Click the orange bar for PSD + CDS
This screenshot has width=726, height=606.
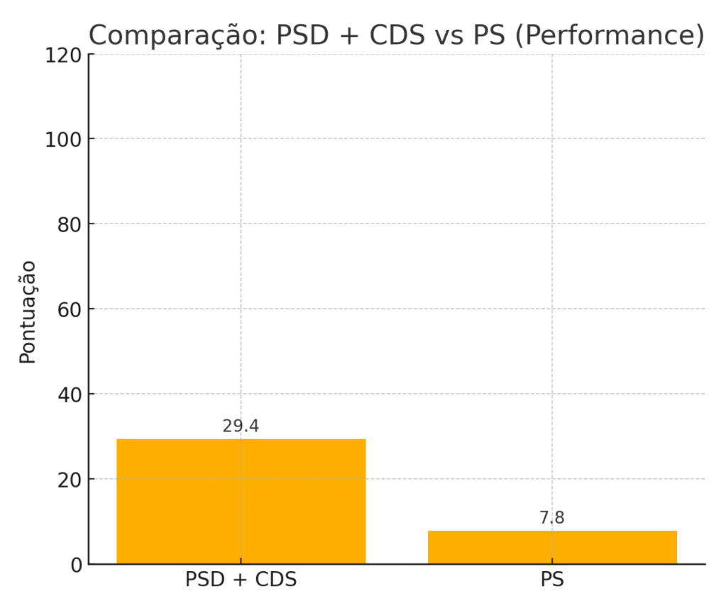tap(241, 501)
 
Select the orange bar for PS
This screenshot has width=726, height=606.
tap(552, 547)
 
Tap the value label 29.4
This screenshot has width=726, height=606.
tap(241, 426)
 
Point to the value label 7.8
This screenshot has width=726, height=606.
tap(552, 518)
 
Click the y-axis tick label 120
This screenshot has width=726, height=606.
tap(62, 55)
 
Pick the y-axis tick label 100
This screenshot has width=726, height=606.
tap(62, 139)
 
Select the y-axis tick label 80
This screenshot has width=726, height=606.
tap(69, 224)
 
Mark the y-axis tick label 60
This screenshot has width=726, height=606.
tap(69, 309)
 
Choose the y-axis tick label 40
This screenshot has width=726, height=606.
tap(69, 395)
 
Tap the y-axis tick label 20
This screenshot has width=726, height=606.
tap(69, 480)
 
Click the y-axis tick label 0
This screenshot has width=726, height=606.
tap(75, 565)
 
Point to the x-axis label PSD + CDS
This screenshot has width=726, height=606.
tap(241, 580)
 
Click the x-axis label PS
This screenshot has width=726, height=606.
tap(552, 580)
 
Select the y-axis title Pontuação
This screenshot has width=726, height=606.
tap(28, 312)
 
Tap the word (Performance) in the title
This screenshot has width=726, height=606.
tap(610, 35)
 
